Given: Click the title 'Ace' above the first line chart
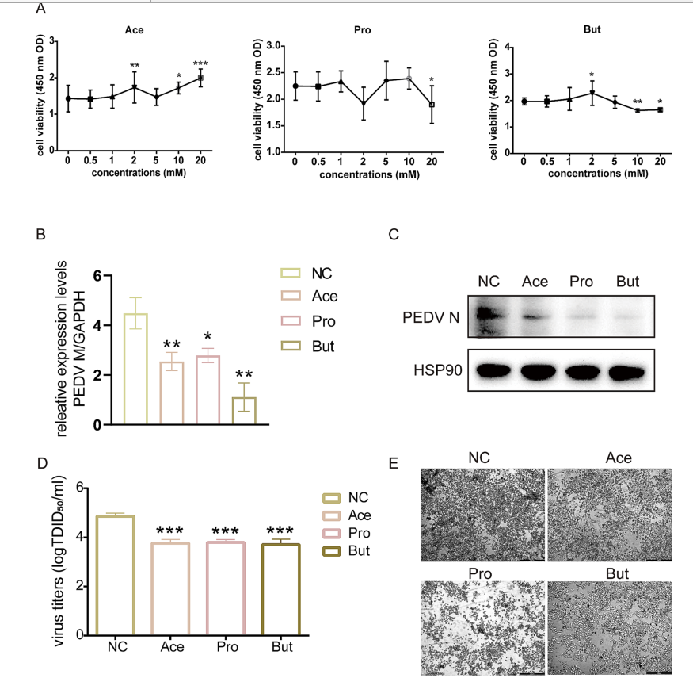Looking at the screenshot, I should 134,30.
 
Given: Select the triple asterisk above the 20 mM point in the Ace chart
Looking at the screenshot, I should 200,63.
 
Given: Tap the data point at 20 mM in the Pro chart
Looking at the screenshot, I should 431,104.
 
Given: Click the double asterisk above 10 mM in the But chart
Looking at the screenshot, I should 638,102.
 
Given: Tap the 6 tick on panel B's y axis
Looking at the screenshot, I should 97,276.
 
